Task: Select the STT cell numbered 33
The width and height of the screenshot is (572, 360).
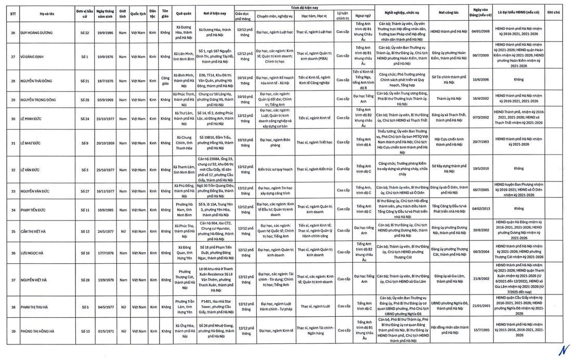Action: pyautogui.click(x=12, y=191)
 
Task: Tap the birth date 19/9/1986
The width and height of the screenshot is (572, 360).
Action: pyautogui.click(x=106, y=32)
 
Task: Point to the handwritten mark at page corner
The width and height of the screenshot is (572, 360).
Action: pyautogui.click(x=562, y=350)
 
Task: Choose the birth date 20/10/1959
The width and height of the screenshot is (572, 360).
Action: pyautogui.click(x=106, y=143)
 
